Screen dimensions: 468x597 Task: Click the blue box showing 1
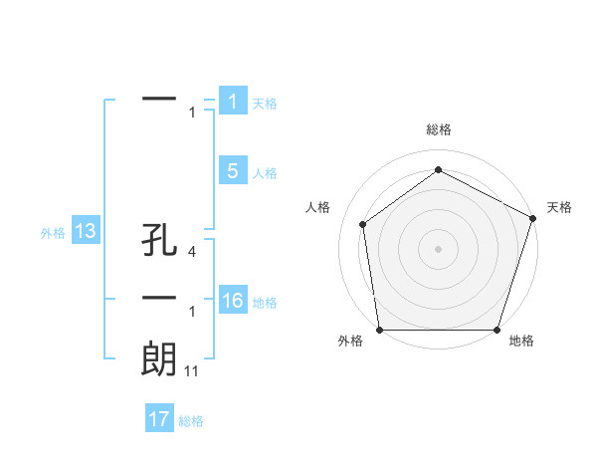(x=232, y=102)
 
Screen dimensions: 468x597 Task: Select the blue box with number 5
(x=232, y=171)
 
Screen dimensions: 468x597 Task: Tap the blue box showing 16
(x=232, y=301)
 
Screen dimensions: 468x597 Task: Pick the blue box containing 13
(x=86, y=232)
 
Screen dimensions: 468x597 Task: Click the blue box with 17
(x=158, y=419)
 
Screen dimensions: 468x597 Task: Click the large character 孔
(x=159, y=242)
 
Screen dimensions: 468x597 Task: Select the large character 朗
(x=159, y=358)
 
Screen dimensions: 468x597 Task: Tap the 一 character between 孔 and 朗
(x=159, y=299)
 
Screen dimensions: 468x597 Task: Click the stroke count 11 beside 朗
(x=191, y=370)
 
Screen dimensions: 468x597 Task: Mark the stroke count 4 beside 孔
(x=191, y=253)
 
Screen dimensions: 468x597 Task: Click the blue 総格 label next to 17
(x=191, y=421)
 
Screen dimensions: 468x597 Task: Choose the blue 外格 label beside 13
(x=53, y=233)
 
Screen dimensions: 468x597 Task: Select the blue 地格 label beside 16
(x=265, y=303)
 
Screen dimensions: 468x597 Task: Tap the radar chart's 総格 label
(x=439, y=129)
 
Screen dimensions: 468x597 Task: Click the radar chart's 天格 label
(x=559, y=207)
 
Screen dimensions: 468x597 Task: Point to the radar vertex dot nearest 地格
(x=497, y=330)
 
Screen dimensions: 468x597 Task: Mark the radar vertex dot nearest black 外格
(x=379, y=330)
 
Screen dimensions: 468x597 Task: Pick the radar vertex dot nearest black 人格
(x=362, y=223)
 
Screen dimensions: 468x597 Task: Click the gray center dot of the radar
(x=439, y=248)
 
